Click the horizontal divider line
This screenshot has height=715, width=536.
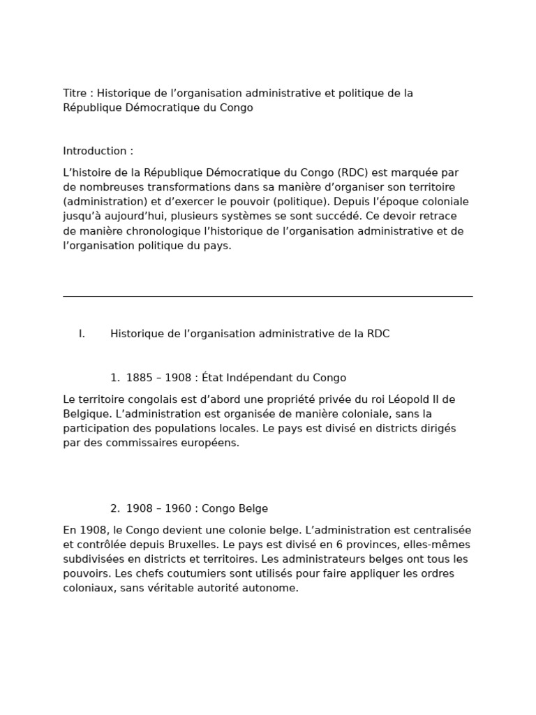[x=267, y=296]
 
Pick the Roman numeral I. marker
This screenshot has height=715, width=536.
[x=82, y=334]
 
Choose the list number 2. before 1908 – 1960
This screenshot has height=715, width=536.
[x=115, y=509]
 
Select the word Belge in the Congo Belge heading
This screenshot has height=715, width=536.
[x=251, y=509]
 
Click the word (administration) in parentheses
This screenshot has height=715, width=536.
[x=103, y=202]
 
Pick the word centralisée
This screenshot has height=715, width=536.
[x=441, y=531]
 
